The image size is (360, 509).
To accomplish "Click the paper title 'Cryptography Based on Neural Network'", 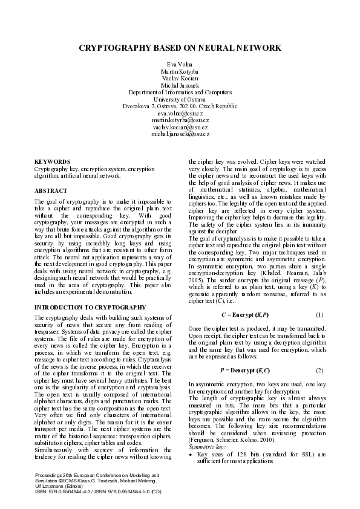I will [180, 48].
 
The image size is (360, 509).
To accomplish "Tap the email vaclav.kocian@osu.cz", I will [180, 127].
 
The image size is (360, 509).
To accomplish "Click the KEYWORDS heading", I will [53, 162].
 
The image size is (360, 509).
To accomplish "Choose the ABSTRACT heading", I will [51, 190].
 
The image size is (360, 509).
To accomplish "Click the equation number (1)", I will [320, 315].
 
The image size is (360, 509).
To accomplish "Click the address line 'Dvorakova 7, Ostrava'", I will [180, 106].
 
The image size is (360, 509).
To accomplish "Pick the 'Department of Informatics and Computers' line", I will [180, 92].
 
